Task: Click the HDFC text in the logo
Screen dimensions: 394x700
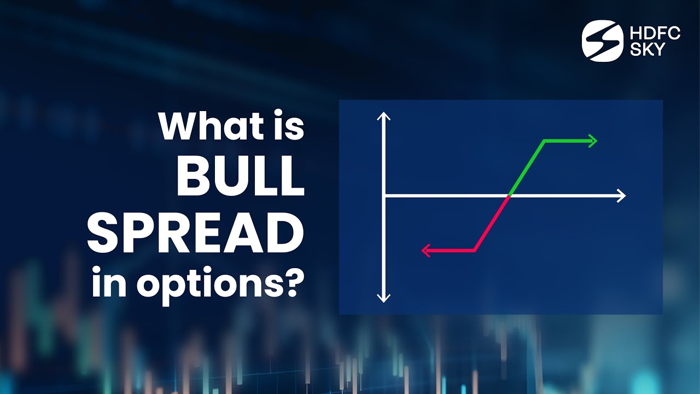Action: pos(655,33)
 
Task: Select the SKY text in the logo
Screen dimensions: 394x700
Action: pos(647,49)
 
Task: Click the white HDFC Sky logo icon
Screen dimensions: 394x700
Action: pos(602,41)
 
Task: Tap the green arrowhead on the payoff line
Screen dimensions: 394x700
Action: pos(593,141)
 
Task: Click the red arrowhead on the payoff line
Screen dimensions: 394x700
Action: pos(427,251)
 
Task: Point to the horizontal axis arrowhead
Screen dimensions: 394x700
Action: pos(621,195)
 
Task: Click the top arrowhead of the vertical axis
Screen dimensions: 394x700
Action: pos(384,116)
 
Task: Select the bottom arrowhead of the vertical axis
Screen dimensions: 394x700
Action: pos(384,297)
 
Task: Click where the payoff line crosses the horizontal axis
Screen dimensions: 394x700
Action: pos(510,195)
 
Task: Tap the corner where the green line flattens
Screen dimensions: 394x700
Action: pos(544,141)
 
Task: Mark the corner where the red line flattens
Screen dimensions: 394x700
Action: pos(475,251)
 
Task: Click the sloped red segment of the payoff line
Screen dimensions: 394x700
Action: pos(492,223)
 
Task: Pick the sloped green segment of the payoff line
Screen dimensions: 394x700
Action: pos(527,168)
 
